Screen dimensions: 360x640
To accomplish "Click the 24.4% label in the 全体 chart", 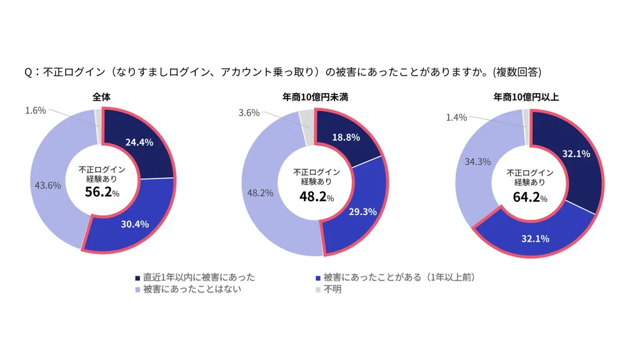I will [139, 142].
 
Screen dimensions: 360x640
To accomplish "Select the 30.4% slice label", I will [135, 224].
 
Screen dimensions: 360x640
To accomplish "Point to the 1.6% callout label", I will [36, 111].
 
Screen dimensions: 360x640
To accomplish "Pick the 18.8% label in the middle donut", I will [346, 137].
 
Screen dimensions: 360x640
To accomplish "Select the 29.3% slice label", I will [362, 212].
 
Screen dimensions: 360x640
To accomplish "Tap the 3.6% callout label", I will [249, 113].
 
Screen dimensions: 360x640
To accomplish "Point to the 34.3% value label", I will [476, 161].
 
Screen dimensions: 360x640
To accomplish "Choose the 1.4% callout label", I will [457, 117].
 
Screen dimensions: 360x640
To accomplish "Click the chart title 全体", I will [102, 97].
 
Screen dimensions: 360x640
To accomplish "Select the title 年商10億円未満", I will [314, 97].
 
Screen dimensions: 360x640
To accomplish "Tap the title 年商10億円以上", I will [527, 97].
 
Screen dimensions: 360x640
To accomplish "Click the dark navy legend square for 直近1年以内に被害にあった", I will [138, 277].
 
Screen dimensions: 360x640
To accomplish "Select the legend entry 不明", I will [332, 289].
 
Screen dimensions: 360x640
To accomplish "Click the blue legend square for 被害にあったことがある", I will [319, 277].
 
